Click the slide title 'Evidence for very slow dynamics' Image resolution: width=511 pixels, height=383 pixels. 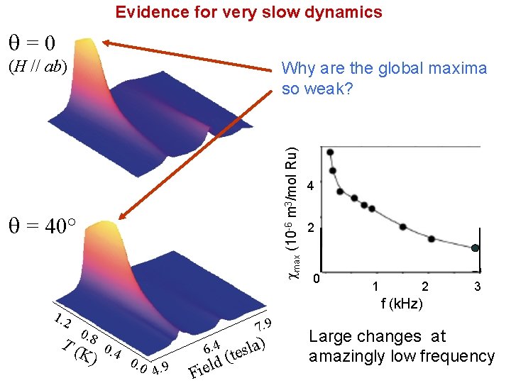pos(248,12)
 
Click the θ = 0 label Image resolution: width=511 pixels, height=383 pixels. pos(31,43)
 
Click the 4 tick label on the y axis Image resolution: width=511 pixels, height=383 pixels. pos(310,187)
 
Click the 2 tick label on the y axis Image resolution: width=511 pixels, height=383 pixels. pos(310,229)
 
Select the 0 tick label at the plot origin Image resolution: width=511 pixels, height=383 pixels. pos(318,277)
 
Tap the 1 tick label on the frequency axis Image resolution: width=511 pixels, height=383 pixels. pos(375,287)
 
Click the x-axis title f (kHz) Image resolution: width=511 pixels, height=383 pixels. pos(401,304)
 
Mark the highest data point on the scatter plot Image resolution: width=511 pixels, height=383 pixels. pos(331,152)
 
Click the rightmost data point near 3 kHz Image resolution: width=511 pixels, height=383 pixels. pos(476,248)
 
